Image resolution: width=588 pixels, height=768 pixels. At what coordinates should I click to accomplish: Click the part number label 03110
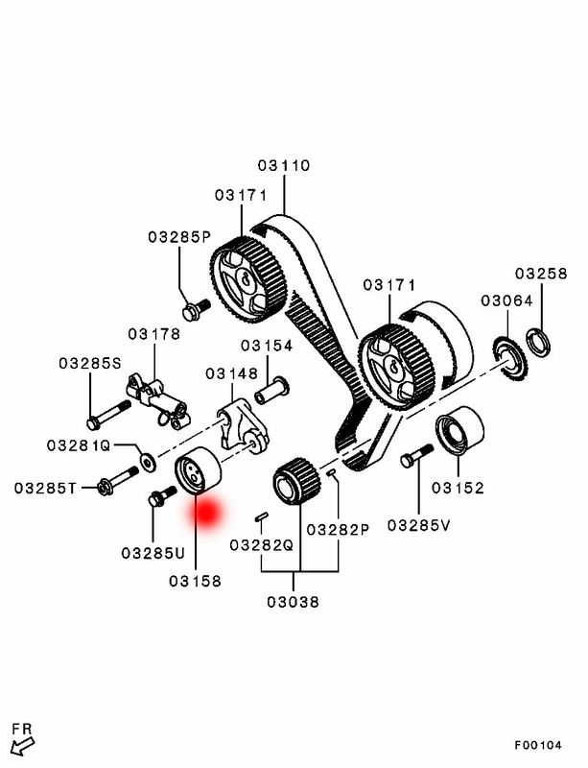284,165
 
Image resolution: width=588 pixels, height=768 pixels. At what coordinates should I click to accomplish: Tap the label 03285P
178,236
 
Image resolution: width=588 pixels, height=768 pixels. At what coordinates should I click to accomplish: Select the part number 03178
154,333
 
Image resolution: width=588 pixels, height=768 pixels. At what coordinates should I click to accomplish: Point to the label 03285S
90,363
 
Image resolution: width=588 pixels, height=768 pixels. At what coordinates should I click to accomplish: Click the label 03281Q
80,445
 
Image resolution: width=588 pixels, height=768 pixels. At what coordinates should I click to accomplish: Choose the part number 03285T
46,488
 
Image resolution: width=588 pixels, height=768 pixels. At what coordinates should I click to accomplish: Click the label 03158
195,581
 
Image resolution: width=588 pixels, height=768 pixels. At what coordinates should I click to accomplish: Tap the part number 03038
294,603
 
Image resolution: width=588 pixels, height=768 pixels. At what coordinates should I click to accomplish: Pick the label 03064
506,301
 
